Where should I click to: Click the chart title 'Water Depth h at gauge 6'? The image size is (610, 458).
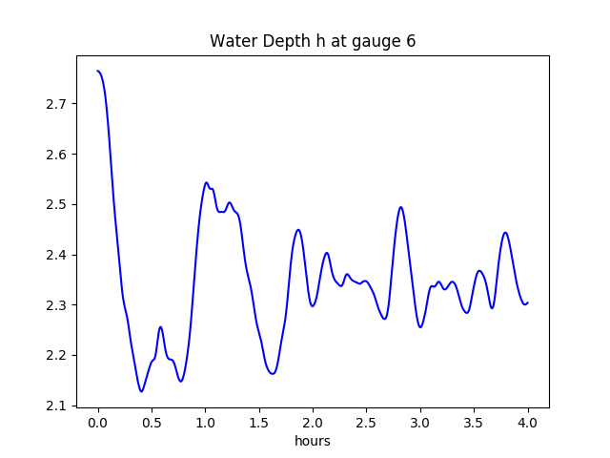(313, 42)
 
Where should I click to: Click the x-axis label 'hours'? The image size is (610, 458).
(313, 441)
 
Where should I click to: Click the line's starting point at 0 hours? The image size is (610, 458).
(98, 71)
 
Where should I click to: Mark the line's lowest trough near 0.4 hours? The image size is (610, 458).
(141, 391)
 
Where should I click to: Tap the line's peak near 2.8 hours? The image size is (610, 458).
(400, 207)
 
